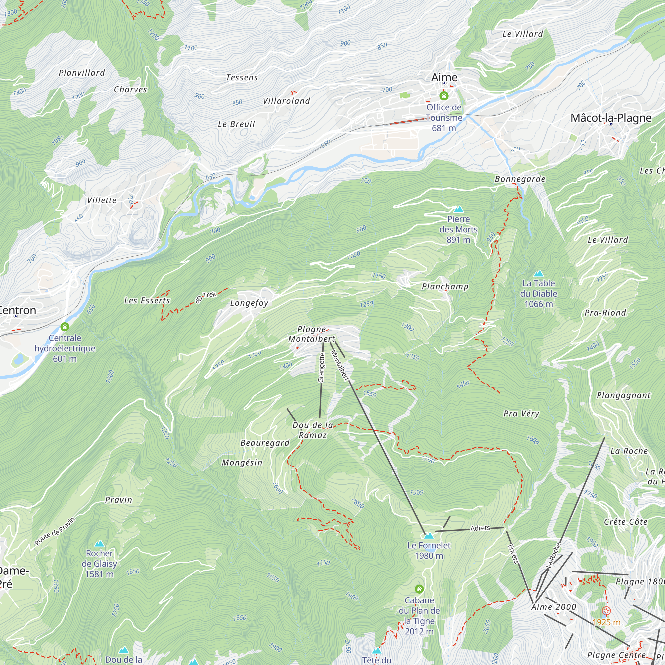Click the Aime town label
444,77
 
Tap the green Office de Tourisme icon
444,96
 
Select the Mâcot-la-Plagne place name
610,118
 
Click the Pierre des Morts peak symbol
458,209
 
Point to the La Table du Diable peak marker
538,274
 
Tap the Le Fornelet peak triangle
429,536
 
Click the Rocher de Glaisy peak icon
99,544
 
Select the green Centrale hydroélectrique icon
65,326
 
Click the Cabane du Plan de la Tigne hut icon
419,589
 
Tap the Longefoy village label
249,303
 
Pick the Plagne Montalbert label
312,334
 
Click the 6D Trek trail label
205,297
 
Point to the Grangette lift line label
321,368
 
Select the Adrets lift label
480,528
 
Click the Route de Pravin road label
55,531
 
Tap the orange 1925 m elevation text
606,622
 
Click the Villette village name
101,200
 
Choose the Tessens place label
242,78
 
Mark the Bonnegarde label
520,179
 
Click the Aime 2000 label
554,607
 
